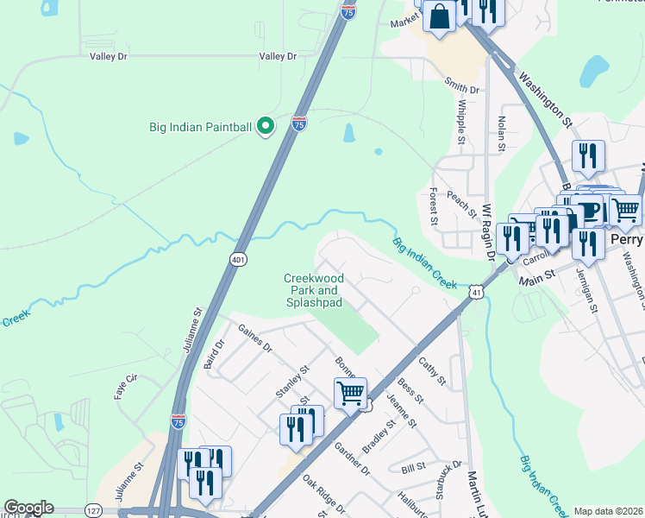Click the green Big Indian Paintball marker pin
pyautogui.click(x=266, y=127)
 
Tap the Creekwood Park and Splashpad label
pyautogui.click(x=314, y=290)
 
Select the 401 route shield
pyautogui.click(x=239, y=258)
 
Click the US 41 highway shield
pyautogui.click(x=476, y=294)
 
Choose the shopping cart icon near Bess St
pyautogui.click(x=350, y=393)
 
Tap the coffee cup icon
pyautogui.click(x=588, y=210)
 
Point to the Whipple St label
pyautogui.click(x=462, y=122)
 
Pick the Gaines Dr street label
pyautogui.click(x=254, y=342)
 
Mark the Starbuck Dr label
pyautogui.click(x=448, y=478)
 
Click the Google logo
pyautogui.click(x=28, y=508)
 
